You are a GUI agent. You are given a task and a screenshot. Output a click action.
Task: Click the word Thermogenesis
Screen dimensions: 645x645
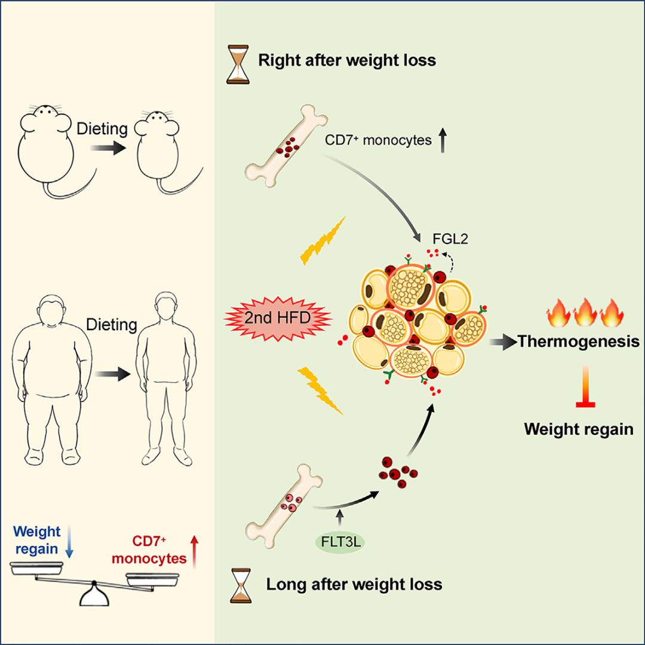coord(579,342)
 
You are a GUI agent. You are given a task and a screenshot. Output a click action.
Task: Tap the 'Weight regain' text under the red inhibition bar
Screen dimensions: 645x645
coord(579,429)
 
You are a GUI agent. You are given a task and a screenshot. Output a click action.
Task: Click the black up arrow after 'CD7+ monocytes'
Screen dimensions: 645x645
coord(443,142)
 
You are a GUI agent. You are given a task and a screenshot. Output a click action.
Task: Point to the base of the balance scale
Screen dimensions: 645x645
coord(94,597)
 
